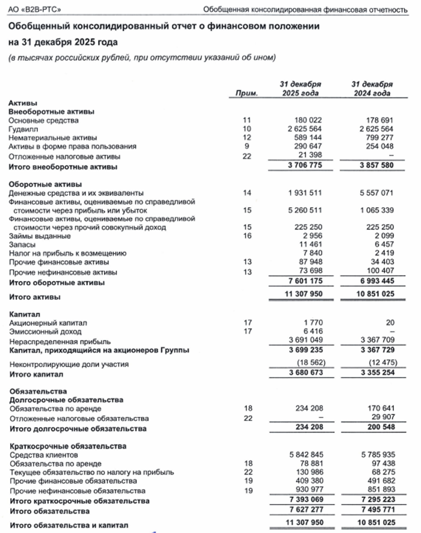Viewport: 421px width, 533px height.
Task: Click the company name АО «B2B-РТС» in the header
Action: [36, 9]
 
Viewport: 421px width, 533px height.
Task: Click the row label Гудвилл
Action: [23, 129]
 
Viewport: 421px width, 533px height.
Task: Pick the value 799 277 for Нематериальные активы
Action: [376, 138]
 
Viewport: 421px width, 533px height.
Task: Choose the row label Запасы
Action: [22, 244]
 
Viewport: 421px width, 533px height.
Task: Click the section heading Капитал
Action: [23, 313]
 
